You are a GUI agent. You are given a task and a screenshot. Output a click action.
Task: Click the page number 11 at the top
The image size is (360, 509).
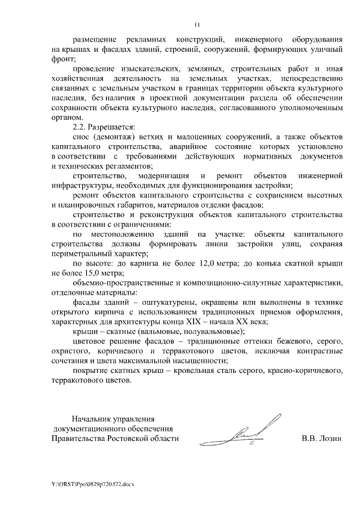click(197, 24)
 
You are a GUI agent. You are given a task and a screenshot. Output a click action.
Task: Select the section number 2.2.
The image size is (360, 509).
click(81, 127)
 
